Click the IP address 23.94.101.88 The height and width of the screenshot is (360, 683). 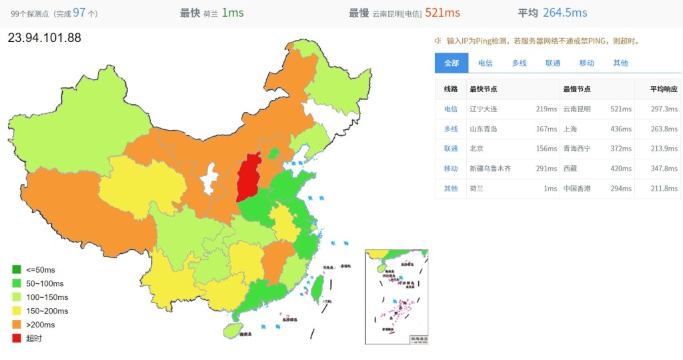click(44, 38)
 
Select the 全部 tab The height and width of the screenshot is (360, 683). click(452, 63)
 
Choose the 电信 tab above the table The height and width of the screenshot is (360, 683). click(485, 63)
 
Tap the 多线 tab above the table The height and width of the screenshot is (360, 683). click(519, 63)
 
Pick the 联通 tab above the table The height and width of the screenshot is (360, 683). click(553, 63)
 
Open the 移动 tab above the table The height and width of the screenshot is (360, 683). click(586, 63)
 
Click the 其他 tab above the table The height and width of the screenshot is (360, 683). click(620, 63)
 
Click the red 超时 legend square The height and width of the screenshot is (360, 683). click(17, 339)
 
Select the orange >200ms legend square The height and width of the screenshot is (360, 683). click(17, 325)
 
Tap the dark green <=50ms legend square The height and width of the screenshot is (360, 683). click(17, 269)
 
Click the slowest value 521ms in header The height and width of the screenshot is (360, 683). click(443, 13)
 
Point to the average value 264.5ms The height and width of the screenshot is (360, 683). click(565, 13)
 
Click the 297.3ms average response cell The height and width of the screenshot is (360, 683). click(664, 109)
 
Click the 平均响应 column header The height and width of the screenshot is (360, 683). click(664, 89)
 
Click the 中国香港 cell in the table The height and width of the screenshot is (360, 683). click(578, 189)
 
